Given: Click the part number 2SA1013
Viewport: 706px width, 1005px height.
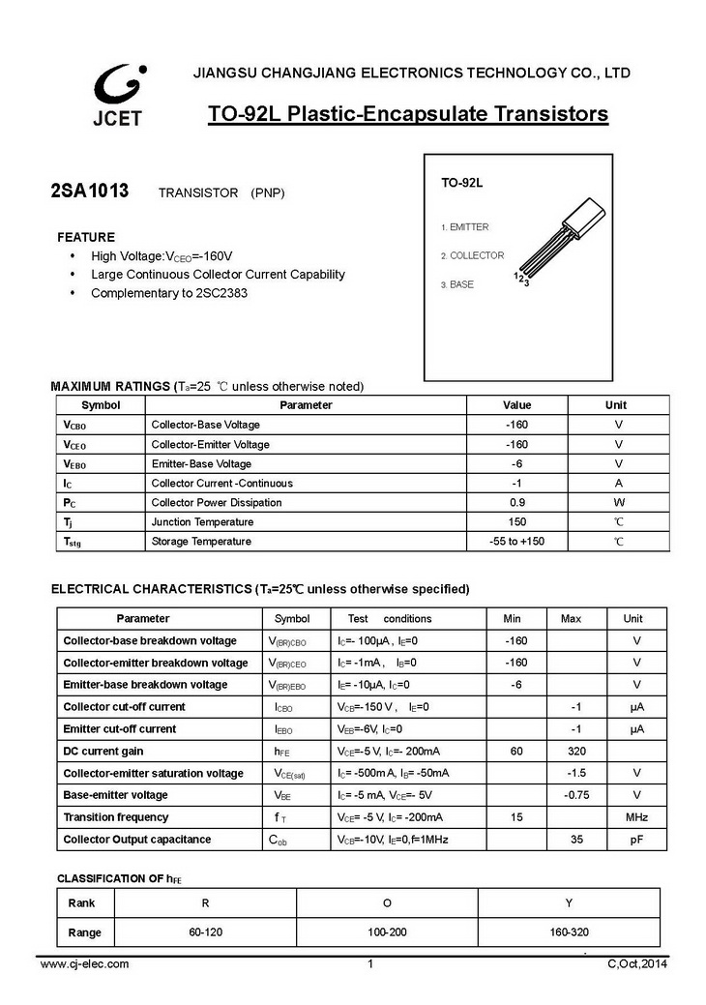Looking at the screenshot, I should (x=89, y=191).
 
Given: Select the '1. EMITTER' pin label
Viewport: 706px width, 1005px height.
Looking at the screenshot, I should (x=465, y=227).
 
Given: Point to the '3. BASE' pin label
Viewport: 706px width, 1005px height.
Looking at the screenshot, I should (x=457, y=285).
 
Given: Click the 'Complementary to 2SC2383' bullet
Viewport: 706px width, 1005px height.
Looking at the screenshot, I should (x=169, y=292).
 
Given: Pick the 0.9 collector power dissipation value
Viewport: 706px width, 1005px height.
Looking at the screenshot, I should (x=516, y=502).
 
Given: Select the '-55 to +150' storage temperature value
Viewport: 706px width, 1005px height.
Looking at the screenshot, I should (x=516, y=541).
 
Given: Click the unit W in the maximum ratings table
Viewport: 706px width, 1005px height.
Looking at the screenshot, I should (x=619, y=502).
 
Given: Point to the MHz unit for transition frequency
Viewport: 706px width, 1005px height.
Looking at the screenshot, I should (x=636, y=817).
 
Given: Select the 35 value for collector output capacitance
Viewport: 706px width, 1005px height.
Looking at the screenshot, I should (x=575, y=840).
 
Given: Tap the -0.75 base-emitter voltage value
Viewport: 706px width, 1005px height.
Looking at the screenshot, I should (x=576, y=795).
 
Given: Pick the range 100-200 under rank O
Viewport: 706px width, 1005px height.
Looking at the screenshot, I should (x=387, y=932).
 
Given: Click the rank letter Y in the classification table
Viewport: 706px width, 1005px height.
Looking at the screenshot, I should (x=569, y=902).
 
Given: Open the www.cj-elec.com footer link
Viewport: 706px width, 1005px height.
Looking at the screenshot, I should (x=85, y=963).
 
